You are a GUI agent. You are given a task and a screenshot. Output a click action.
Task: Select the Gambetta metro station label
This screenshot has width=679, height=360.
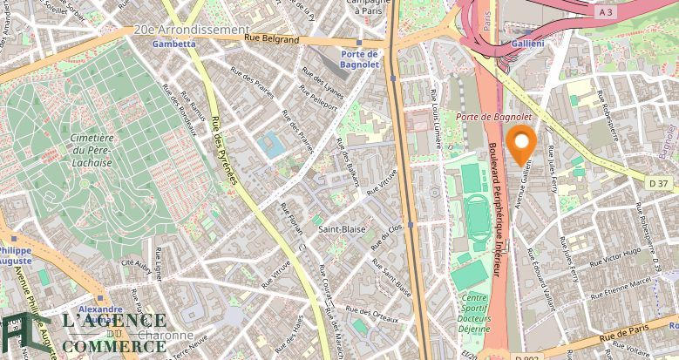pos(173,44)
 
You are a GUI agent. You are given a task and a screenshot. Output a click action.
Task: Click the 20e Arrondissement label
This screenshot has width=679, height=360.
pos(191,29)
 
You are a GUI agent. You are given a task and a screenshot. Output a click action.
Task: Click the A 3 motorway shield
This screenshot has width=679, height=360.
pos(606,12)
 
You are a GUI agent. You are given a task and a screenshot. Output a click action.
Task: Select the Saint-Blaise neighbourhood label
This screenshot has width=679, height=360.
pos(341,229)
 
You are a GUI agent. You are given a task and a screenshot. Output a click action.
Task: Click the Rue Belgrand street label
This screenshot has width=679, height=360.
pos(271,39)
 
